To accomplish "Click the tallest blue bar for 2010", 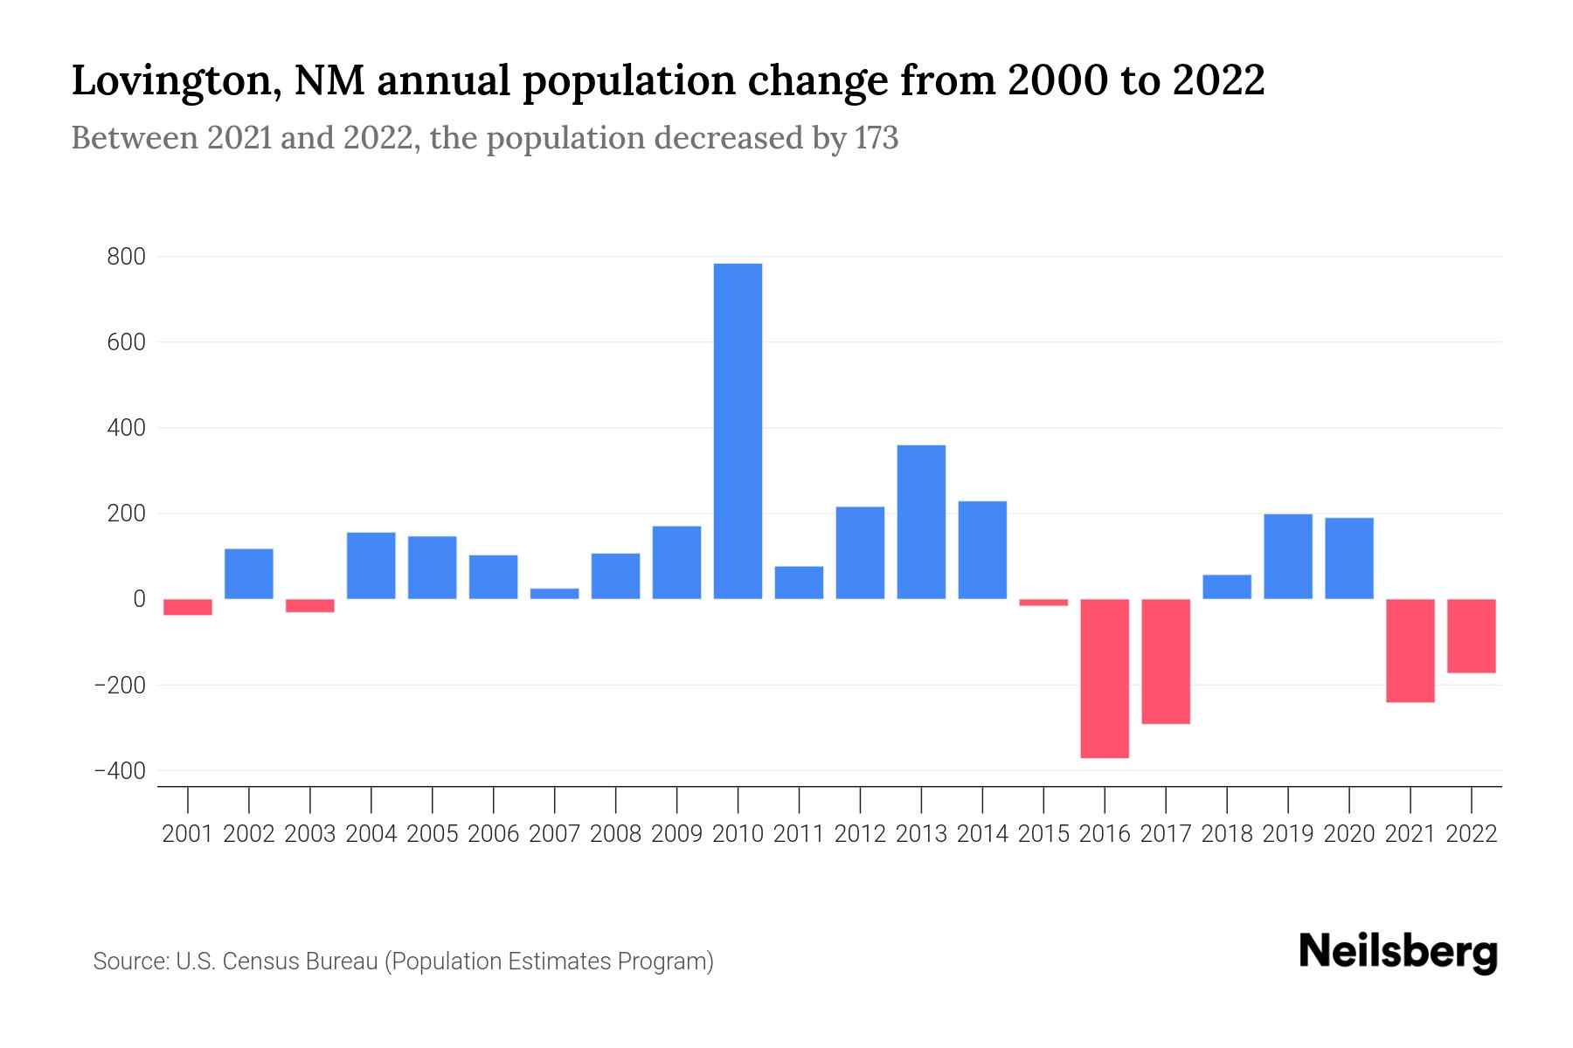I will click(x=738, y=431).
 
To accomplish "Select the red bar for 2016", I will click(x=1105, y=678).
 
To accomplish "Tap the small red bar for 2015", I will click(x=1043, y=603).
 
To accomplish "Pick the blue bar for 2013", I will click(x=921, y=521).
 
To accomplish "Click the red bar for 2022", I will click(x=1472, y=636).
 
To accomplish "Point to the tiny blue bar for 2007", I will click(x=554, y=594).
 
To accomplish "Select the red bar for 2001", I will click(x=188, y=607).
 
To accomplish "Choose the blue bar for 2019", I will click(x=1288, y=556).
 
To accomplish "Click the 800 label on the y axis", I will click(x=127, y=258).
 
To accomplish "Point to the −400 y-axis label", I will click(x=120, y=771).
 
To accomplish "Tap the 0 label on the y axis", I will click(x=139, y=599).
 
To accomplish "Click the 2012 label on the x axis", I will click(x=860, y=834).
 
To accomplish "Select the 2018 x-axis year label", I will click(x=1227, y=834).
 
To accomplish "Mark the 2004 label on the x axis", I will click(x=371, y=834).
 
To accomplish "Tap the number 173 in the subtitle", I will click(x=877, y=139).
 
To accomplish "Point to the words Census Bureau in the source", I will click(x=301, y=962).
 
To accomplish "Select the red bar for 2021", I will click(x=1410, y=651).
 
